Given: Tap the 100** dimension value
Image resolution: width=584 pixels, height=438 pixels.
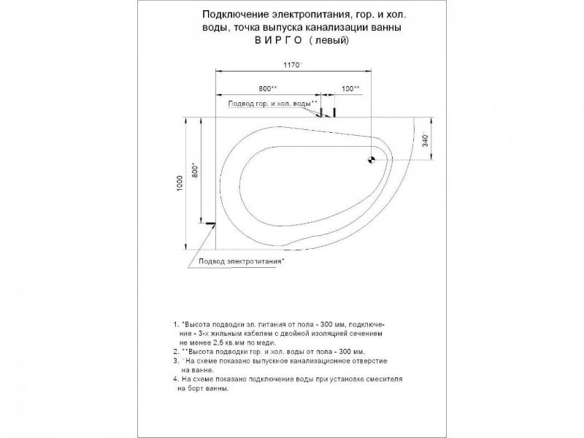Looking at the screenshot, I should tap(349, 89).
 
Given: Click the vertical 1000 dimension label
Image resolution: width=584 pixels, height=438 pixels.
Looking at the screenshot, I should tap(180, 184).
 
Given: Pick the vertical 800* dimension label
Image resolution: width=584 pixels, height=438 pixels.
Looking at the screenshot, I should tap(194, 171).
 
